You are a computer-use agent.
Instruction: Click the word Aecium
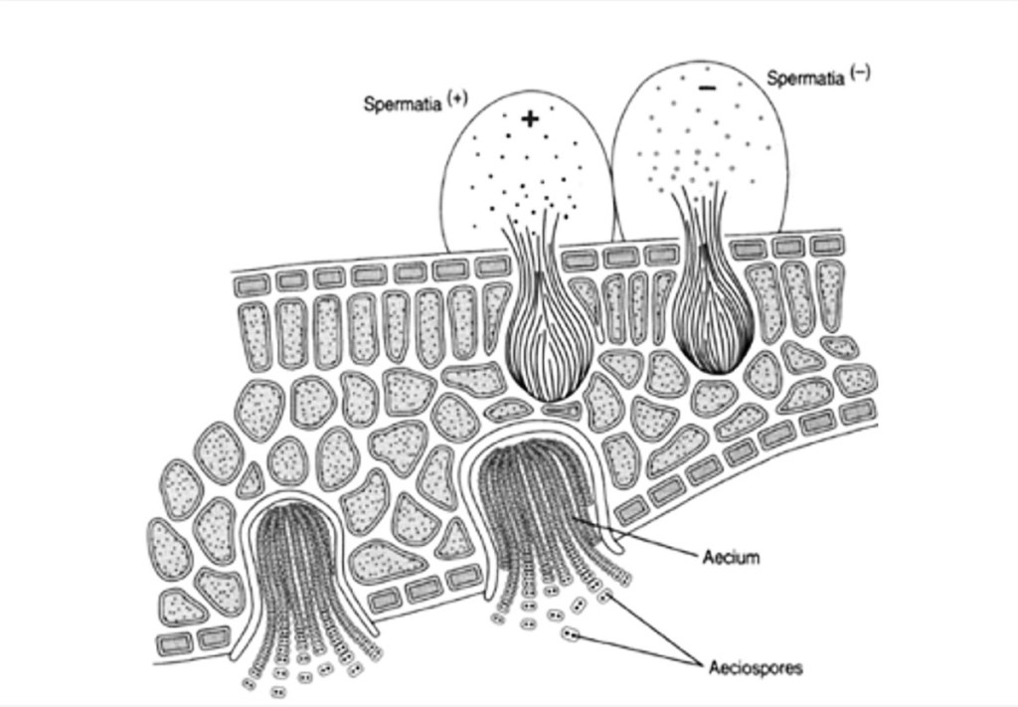point(731,557)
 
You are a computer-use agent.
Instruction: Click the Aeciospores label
point(756,667)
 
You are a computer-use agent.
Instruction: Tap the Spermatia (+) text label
point(415,102)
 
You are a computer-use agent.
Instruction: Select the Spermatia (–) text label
point(818,76)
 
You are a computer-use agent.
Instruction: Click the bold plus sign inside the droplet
point(531,118)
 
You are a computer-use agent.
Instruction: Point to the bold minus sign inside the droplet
point(707,88)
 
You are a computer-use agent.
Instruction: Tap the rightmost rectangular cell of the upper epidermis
point(828,245)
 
